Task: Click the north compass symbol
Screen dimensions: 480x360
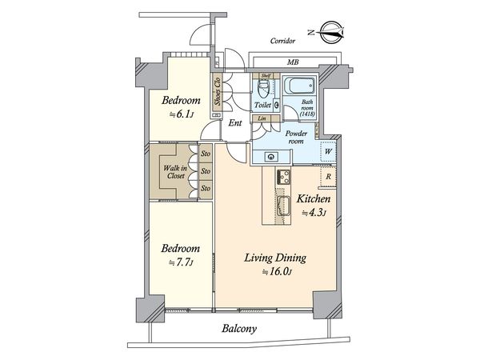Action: (x=327, y=32)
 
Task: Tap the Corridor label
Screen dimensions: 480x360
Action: (x=282, y=41)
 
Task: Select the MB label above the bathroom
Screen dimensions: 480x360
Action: (x=293, y=62)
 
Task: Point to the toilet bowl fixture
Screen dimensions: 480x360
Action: (x=263, y=88)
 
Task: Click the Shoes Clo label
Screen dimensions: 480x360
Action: (x=218, y=91)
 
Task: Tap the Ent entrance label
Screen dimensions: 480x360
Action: (x=235, y=123)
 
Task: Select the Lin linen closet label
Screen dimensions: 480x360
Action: (x=262, y=118)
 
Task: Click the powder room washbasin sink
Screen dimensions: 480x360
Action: (x=271, y=157)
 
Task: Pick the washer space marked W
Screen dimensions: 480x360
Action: (x=328, y=151)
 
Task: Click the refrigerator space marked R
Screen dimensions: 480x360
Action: (x=328, y=177)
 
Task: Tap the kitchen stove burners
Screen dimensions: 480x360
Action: (x=283, y=177)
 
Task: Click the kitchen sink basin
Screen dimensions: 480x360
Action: (x=283, y=206)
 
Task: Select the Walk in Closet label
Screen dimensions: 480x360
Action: (x=176, y=172)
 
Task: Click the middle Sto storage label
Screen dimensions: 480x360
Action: (x=206, y=171)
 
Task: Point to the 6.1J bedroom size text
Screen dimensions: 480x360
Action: (x=182, y=114)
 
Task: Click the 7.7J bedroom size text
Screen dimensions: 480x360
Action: (x=181, y=262)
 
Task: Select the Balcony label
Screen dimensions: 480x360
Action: (x=239, y=329)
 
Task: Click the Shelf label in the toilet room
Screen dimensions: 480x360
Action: (x=266, y=76)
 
